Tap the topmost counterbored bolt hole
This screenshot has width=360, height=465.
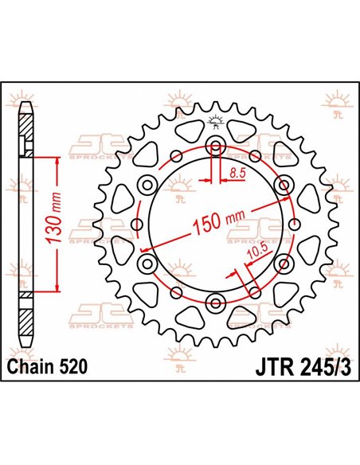[x=215, y=146]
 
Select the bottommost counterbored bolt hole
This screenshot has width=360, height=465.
[x=215, y=301]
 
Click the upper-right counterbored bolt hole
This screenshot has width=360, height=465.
[x=282, y=185]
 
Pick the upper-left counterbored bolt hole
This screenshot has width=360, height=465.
[x=147, y=185]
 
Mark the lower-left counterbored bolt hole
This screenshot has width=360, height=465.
[x=147, y=263]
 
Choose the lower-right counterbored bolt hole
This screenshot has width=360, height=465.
[x=282, y=263]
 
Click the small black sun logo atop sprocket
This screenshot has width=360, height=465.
[x=215, y=122]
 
